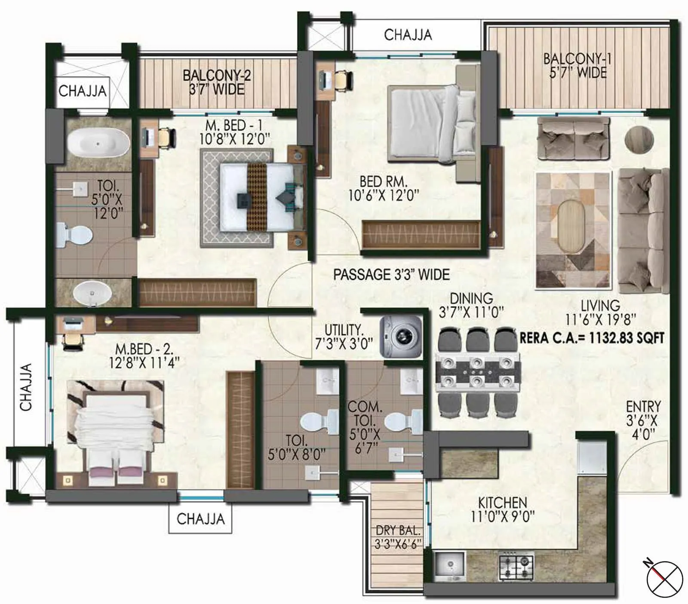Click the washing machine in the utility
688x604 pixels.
[x=401, y=337]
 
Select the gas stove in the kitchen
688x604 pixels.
[x=516, y=566]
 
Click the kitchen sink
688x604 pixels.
[x=449, y=564]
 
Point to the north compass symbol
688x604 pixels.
[x=664, y=579]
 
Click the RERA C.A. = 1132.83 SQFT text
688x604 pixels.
[x=592, y=338]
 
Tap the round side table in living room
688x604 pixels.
[x=639, y=138]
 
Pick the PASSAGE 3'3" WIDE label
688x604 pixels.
[x=391, y=275]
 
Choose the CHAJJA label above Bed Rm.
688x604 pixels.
[x=408, y=35]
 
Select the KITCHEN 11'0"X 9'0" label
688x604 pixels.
[x=502, y=509]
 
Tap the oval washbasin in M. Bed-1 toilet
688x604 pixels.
[x=92, y=293]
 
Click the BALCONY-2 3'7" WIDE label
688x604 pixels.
[x=216, y=82]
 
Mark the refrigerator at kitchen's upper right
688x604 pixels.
[x=591, y=458]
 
